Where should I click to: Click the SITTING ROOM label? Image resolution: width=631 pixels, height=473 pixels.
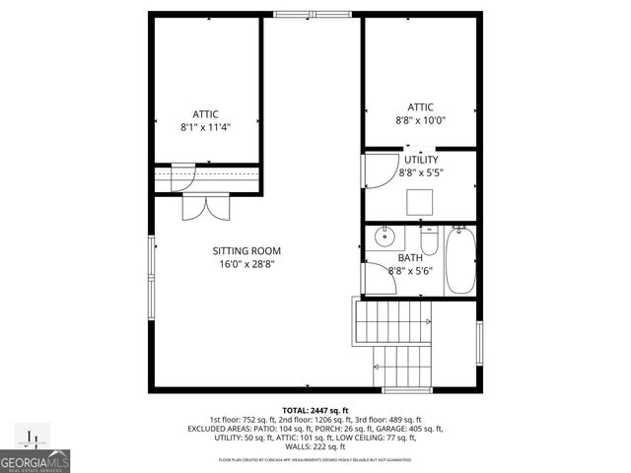point(240,250)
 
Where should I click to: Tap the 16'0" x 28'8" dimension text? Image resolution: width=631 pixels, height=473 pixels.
point(240,263)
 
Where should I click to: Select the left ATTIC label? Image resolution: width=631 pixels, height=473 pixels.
point(205,114)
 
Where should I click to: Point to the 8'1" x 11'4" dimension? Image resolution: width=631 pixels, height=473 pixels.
point(205,127)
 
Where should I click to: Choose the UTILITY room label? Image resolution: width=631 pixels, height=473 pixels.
point(420,159)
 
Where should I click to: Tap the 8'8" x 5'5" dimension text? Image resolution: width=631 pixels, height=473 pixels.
point(420,171)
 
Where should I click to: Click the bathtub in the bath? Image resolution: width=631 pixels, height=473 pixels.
point(459,260)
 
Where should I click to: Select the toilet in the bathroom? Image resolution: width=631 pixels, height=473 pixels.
point(428,239)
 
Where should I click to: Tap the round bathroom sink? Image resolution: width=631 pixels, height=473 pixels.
point(385,237)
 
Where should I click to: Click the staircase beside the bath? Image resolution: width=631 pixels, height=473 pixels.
point(394,340)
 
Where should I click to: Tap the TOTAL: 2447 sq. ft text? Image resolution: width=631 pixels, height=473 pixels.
point(315,410)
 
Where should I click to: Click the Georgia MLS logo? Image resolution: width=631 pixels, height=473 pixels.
point(35,454)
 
